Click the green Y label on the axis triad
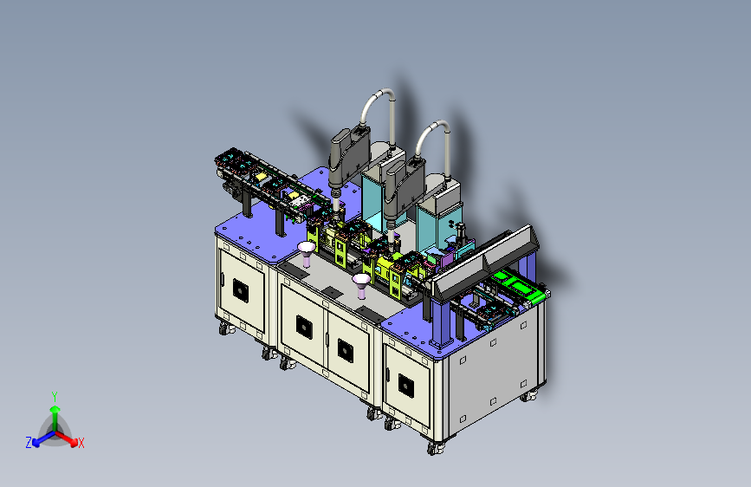tap(55, 397)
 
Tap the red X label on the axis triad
tap(81, 444)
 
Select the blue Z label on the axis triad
tap(29, 443)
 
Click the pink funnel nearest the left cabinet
tap(307, 253)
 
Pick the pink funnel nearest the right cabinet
tap(361, 285)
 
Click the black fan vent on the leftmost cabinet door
tap(241, 290)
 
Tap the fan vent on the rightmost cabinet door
tap(406, 386)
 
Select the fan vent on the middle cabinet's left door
tap(304, 328)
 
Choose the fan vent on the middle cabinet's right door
tap(346, 350)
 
